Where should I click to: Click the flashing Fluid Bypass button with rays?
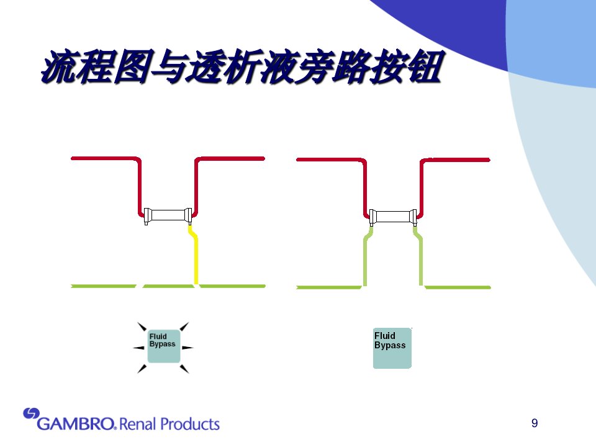(163, 346)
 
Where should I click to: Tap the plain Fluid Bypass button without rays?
(392, 348)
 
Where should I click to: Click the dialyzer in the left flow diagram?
(168, 215)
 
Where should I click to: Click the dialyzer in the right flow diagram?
(393, 217)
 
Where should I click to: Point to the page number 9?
(535, 423)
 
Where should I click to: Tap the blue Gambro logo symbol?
(31, 413)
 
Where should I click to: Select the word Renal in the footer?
(137, 424)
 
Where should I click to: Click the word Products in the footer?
(190, 424)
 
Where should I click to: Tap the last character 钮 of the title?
(424, 66)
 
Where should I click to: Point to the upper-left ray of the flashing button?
(142, 327)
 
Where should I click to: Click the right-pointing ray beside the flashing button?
(187, 348)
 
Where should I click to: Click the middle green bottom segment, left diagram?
(168, 286)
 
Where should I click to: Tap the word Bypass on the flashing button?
(162, 344)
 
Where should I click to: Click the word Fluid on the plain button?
(385, 336)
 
